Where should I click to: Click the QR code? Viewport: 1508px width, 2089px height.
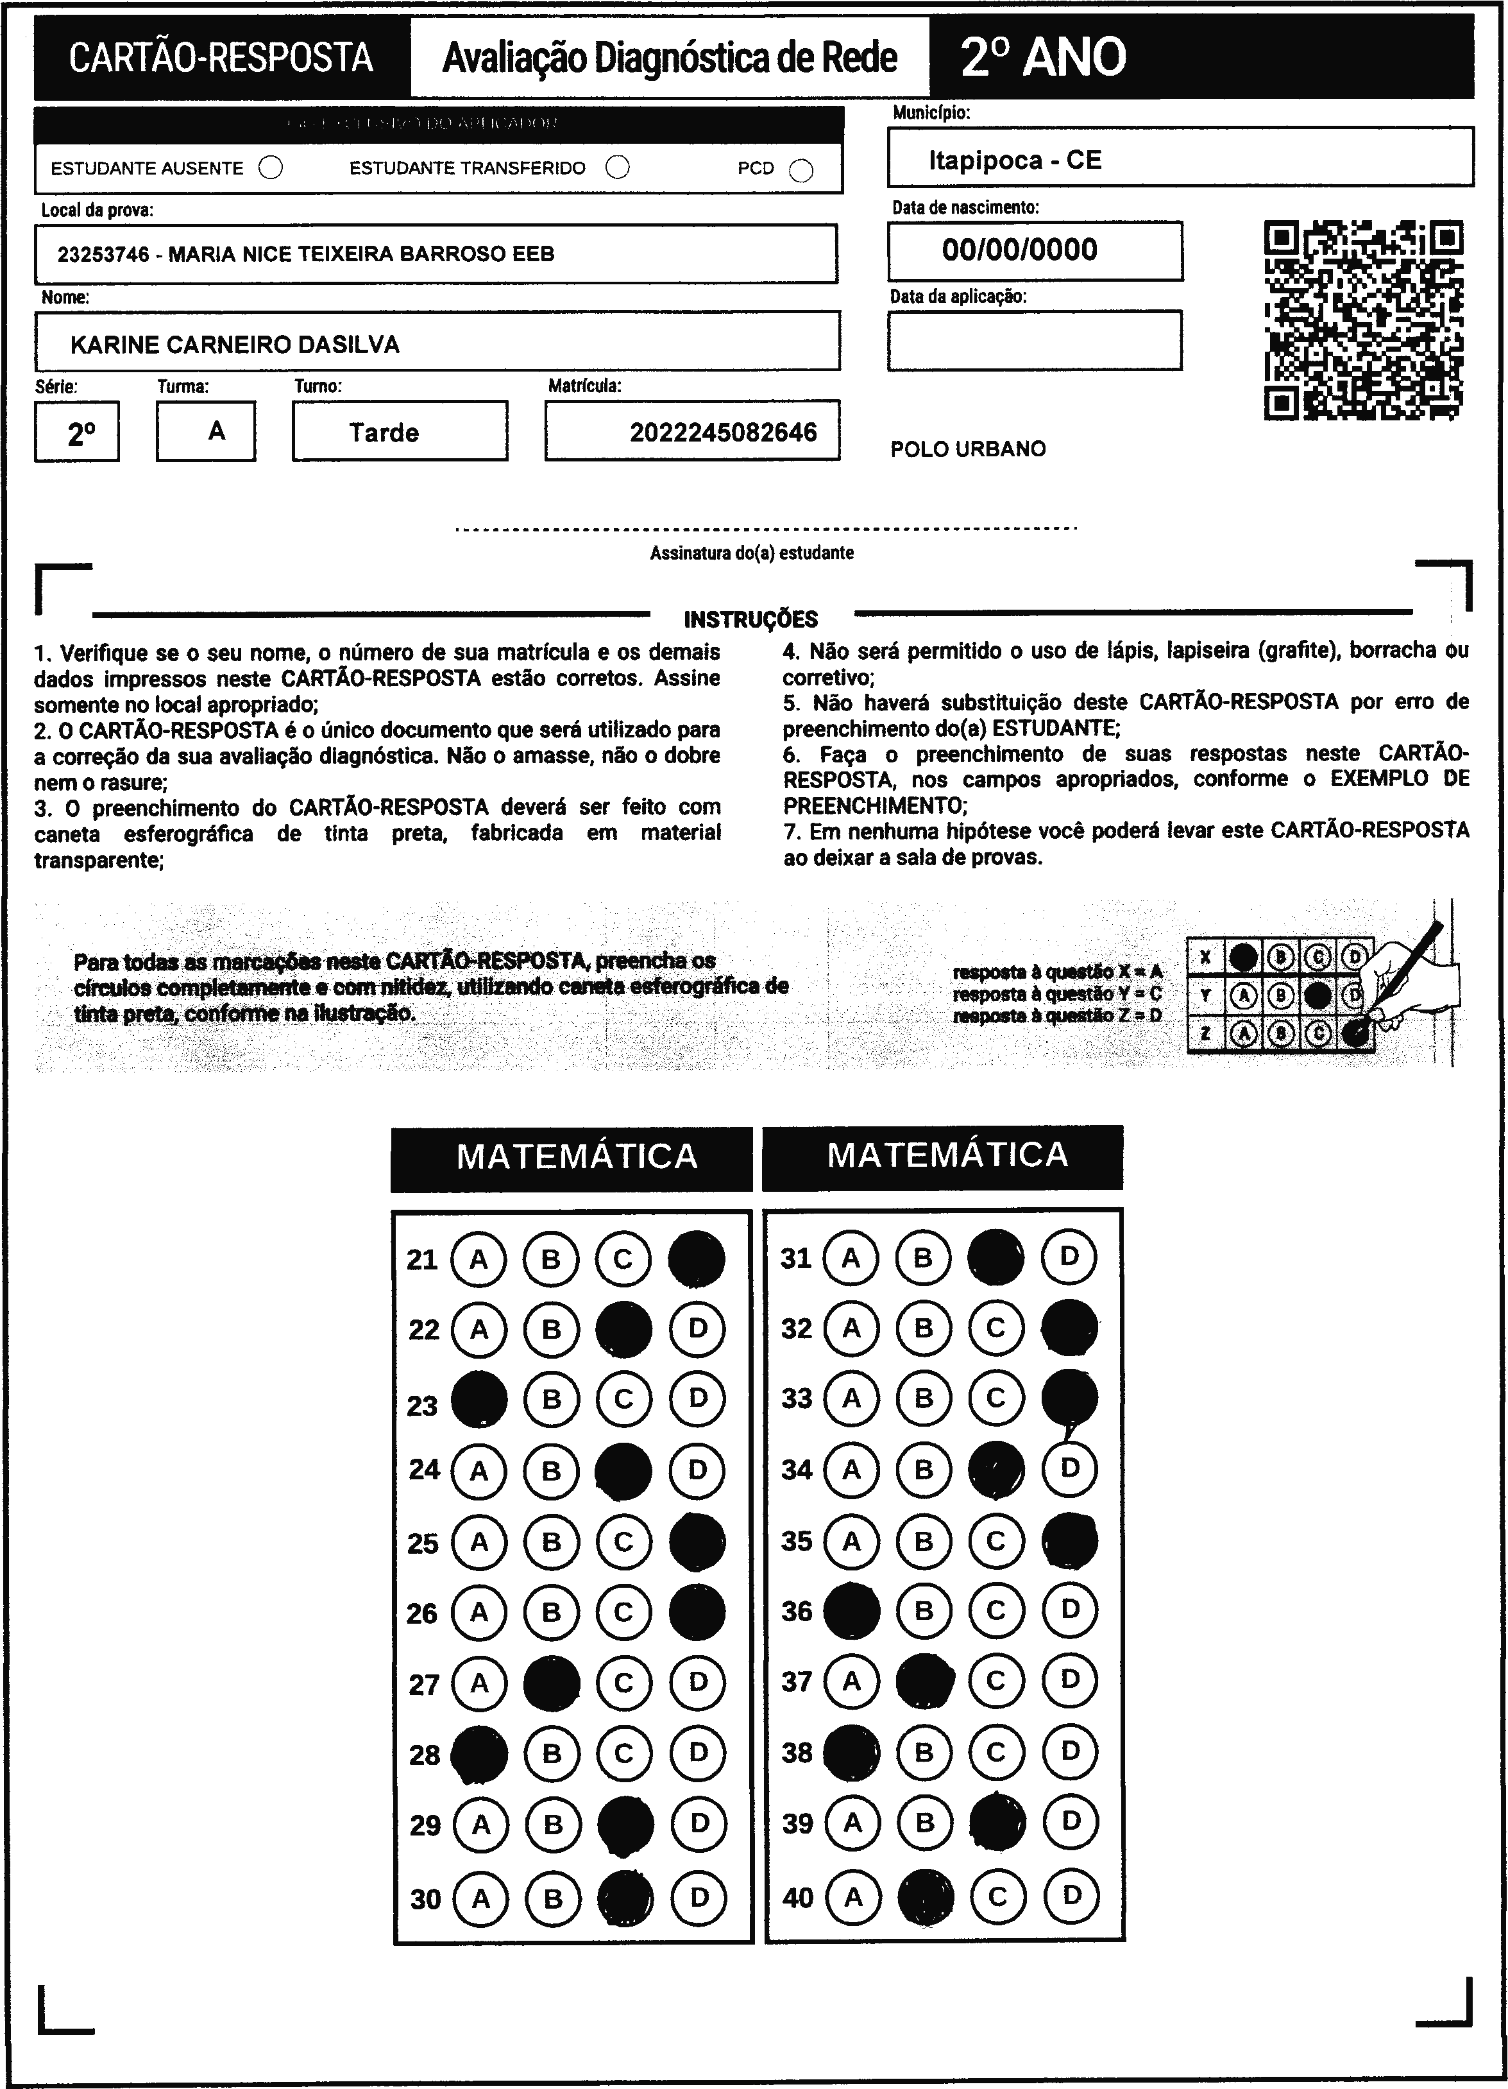(1364, 320)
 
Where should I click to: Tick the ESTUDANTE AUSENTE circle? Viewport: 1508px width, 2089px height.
(271, 168)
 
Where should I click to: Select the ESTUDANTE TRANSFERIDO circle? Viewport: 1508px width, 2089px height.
(618, 167)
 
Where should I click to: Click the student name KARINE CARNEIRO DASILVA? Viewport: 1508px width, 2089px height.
(235, 345)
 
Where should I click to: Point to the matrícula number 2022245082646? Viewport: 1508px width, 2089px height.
(723, 432)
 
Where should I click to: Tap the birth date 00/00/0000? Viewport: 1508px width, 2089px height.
(1019, 250)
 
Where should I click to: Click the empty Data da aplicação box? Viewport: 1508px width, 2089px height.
(1034, 340)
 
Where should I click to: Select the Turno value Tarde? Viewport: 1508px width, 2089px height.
(384, 432)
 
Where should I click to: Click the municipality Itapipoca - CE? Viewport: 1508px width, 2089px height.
(1015, 160)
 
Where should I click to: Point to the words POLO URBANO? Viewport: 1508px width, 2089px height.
(967, 449)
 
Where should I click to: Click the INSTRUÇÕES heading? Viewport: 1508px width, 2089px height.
(750, 619)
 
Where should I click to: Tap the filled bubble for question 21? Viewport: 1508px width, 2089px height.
(696, 1258)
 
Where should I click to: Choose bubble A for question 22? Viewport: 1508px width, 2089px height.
(479, 1329)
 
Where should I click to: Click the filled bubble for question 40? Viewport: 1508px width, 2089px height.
(925, 1897)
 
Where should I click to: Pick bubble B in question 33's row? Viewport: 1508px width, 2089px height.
(924, 1398)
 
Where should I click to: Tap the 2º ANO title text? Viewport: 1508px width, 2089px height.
(1043, 57)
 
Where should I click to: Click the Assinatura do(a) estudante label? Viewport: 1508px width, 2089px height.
(751, 553)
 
